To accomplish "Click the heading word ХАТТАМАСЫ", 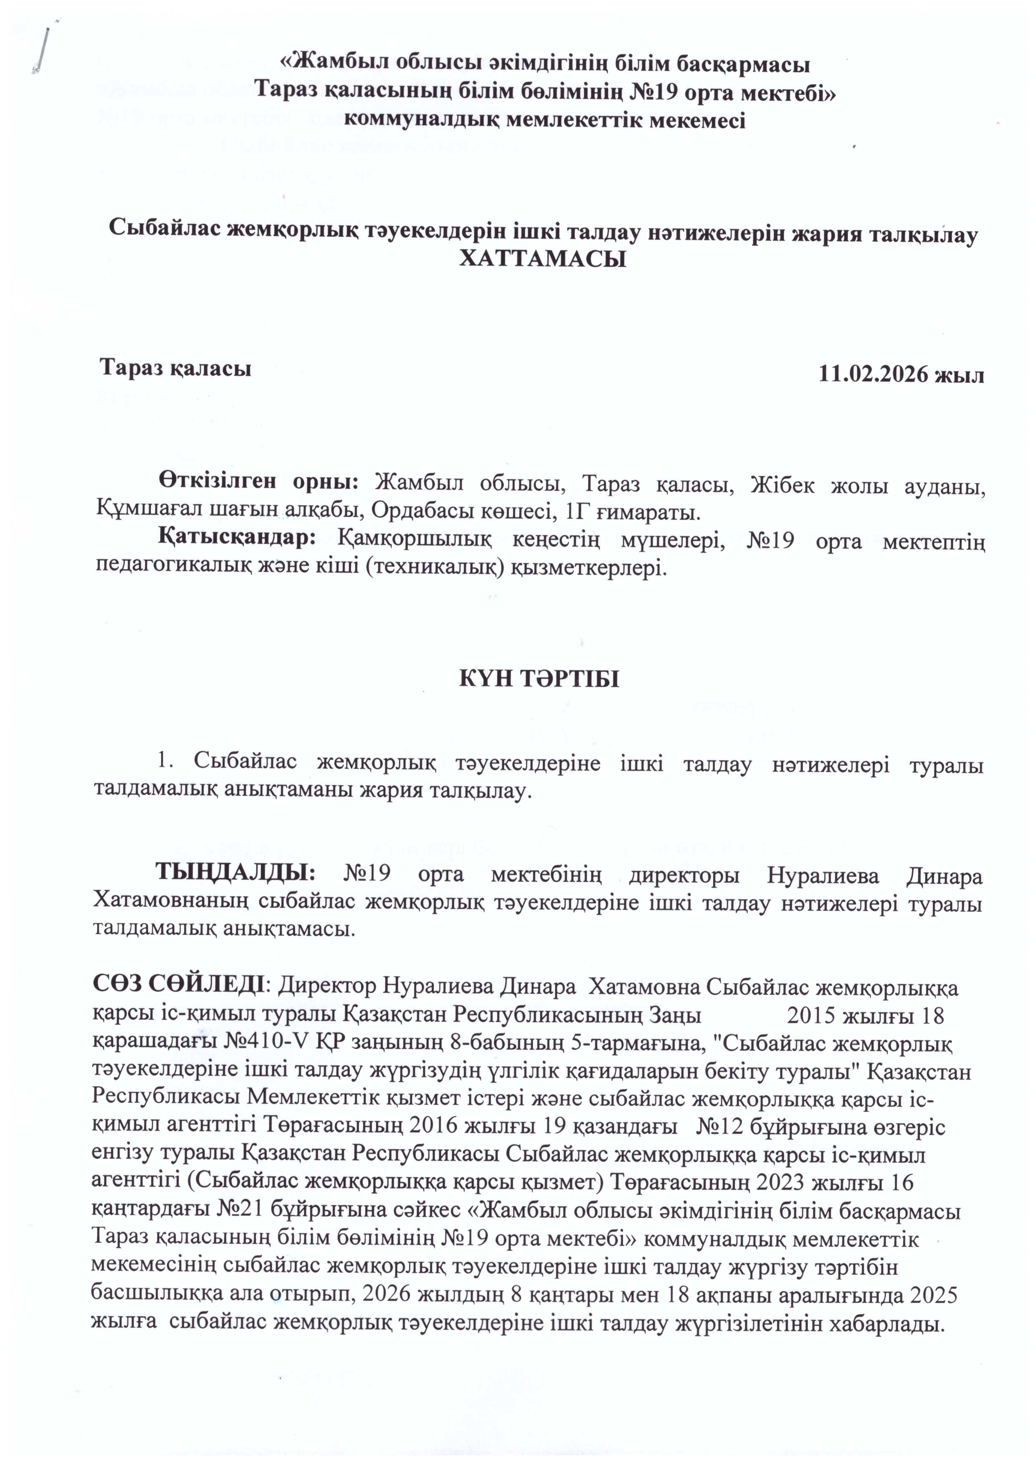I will tap(542, 259).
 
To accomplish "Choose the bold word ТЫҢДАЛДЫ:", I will tap(236, 871).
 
